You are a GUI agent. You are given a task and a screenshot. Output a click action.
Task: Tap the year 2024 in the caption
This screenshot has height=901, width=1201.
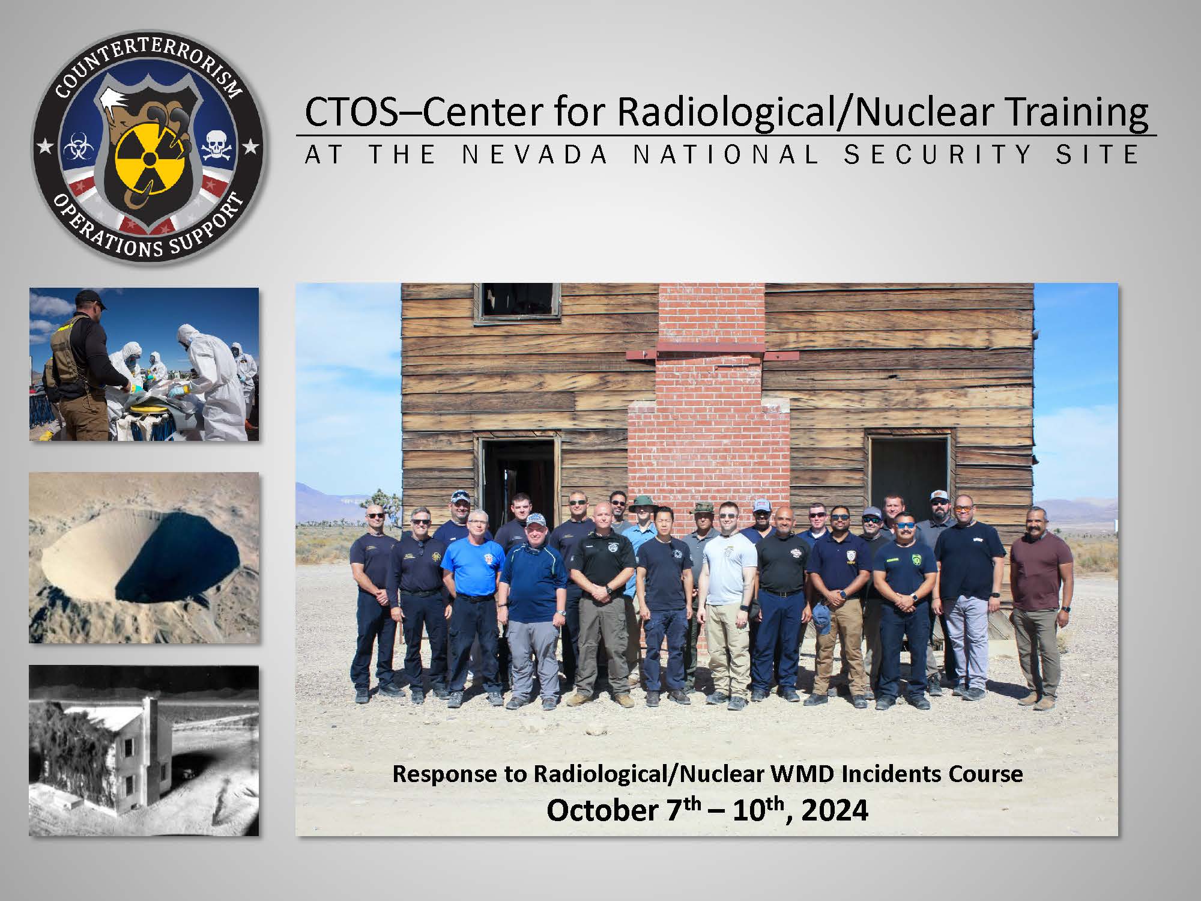835,811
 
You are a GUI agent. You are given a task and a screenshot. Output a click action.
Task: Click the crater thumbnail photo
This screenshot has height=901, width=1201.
144,557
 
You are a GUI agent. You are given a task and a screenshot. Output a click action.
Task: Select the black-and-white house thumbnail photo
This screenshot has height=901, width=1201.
144,750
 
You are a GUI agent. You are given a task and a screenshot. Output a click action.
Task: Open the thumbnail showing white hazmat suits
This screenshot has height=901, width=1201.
144,364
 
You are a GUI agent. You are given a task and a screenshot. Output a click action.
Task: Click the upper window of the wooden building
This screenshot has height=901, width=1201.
518,302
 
